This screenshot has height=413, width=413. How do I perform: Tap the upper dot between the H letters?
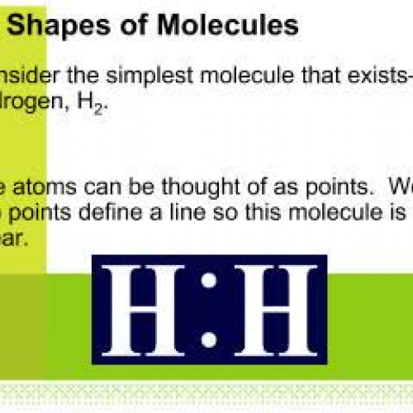pyautogui.click(x=209, y=281)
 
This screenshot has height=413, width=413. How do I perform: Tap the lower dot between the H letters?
pyautogui.click(x=209, y=338)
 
